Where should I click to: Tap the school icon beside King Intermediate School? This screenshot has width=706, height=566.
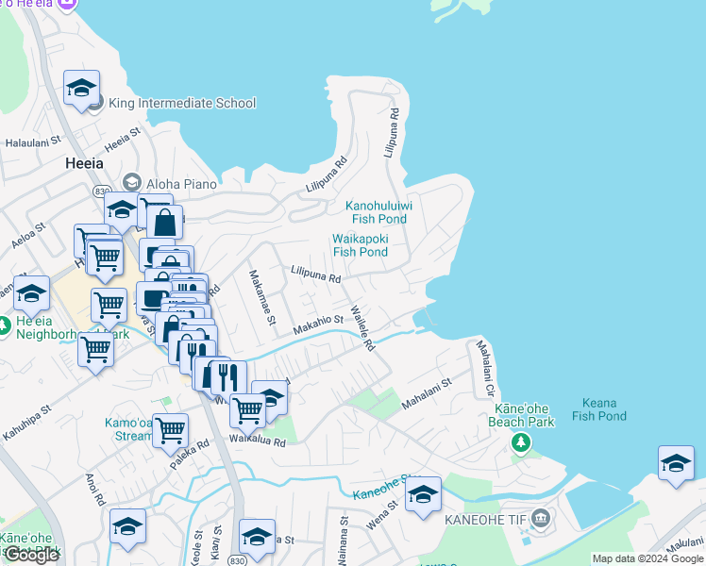tap(82, 89)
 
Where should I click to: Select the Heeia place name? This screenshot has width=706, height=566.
tap(84, 162)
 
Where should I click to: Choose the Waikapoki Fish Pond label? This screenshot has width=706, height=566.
tap(360, 245)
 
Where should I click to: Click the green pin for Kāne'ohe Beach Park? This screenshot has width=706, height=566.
tap(518, 442)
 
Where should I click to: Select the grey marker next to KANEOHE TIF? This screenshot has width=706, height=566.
tap(540, 517)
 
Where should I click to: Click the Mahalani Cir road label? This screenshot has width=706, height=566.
tap(486, 369)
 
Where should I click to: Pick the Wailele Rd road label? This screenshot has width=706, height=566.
tap(362, 328)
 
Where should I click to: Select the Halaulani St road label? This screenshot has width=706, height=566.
tap(33, 142)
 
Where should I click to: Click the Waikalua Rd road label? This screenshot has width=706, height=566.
tap(255, 441)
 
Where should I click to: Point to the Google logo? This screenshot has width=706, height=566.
tap(31, 555)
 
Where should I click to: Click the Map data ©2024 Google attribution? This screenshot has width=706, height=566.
tap(647, 558)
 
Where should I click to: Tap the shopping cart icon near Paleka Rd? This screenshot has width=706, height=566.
tap(170, 429)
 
